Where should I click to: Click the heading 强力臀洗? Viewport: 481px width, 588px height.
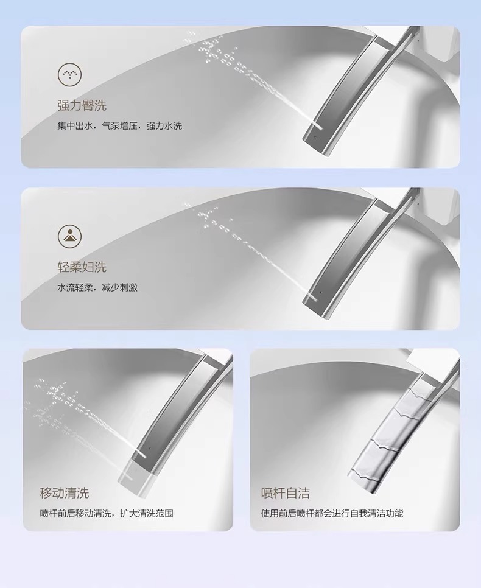point(82,105)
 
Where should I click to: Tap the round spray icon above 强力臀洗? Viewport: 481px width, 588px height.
point(69,74)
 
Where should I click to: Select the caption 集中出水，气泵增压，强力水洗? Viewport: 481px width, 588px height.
point(119,126)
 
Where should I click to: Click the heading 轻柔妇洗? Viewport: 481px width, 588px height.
point(82,267)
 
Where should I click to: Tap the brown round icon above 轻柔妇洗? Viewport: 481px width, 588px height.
point(69,236)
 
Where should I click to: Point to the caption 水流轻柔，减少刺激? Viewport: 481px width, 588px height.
point(97,287)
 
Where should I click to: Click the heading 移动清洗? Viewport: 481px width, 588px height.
point(65,492)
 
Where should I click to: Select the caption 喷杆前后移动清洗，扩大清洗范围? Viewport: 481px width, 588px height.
point(107,513)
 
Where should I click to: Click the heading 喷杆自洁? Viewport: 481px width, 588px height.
point(286,492)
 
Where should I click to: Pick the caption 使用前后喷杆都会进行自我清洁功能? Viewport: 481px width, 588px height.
point(332,513)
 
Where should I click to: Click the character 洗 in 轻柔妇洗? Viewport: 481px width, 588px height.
point(100,267)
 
